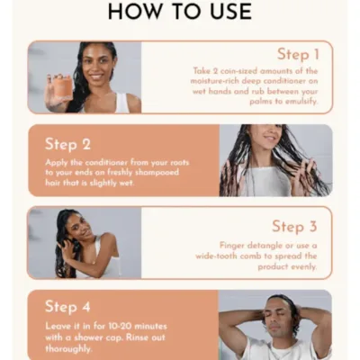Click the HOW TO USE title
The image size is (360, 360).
(180, 13)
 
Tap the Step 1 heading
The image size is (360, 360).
(299, 55)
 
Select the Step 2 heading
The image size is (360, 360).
(68, 143)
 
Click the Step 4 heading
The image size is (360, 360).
(68, 307)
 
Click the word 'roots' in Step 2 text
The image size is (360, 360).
(195, 163)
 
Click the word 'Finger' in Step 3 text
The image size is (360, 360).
(237, 245)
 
